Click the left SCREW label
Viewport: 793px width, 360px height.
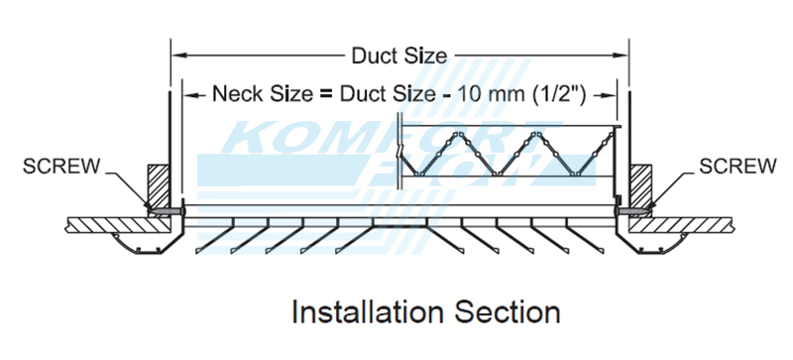coord(60,166)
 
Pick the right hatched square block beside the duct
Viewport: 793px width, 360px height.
coord(638,185)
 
